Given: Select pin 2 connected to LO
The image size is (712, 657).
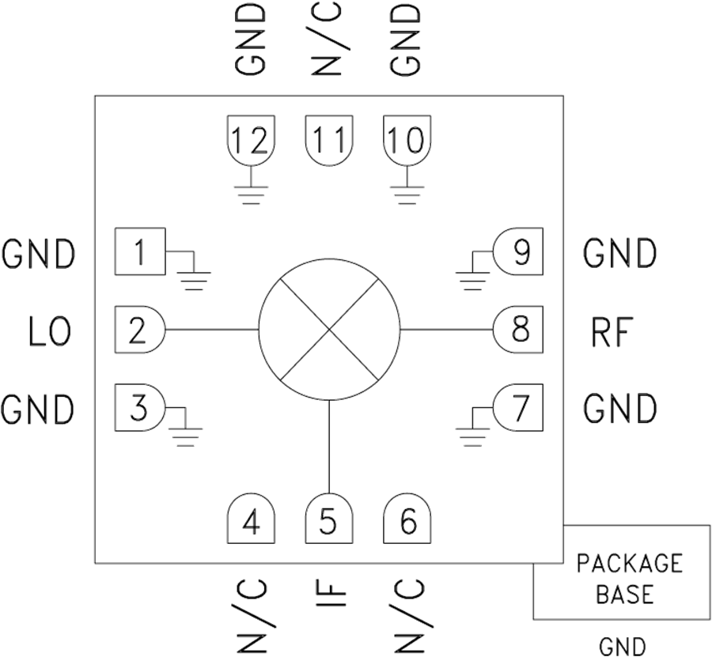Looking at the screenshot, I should pos(139,329).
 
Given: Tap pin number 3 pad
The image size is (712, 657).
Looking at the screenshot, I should pos(139,408).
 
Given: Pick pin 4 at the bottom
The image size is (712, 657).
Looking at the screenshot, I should pos(251,522).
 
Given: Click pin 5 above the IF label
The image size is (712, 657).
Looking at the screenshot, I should pos(328,522).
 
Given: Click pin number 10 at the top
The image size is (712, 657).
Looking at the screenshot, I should pos(407,140).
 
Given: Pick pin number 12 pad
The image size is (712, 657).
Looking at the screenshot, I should pos(252,140).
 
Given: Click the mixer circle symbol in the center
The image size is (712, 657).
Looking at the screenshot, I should pos(329,329).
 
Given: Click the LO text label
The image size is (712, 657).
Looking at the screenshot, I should pos(49,332).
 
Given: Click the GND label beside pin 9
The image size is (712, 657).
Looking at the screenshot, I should pos(620,254).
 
